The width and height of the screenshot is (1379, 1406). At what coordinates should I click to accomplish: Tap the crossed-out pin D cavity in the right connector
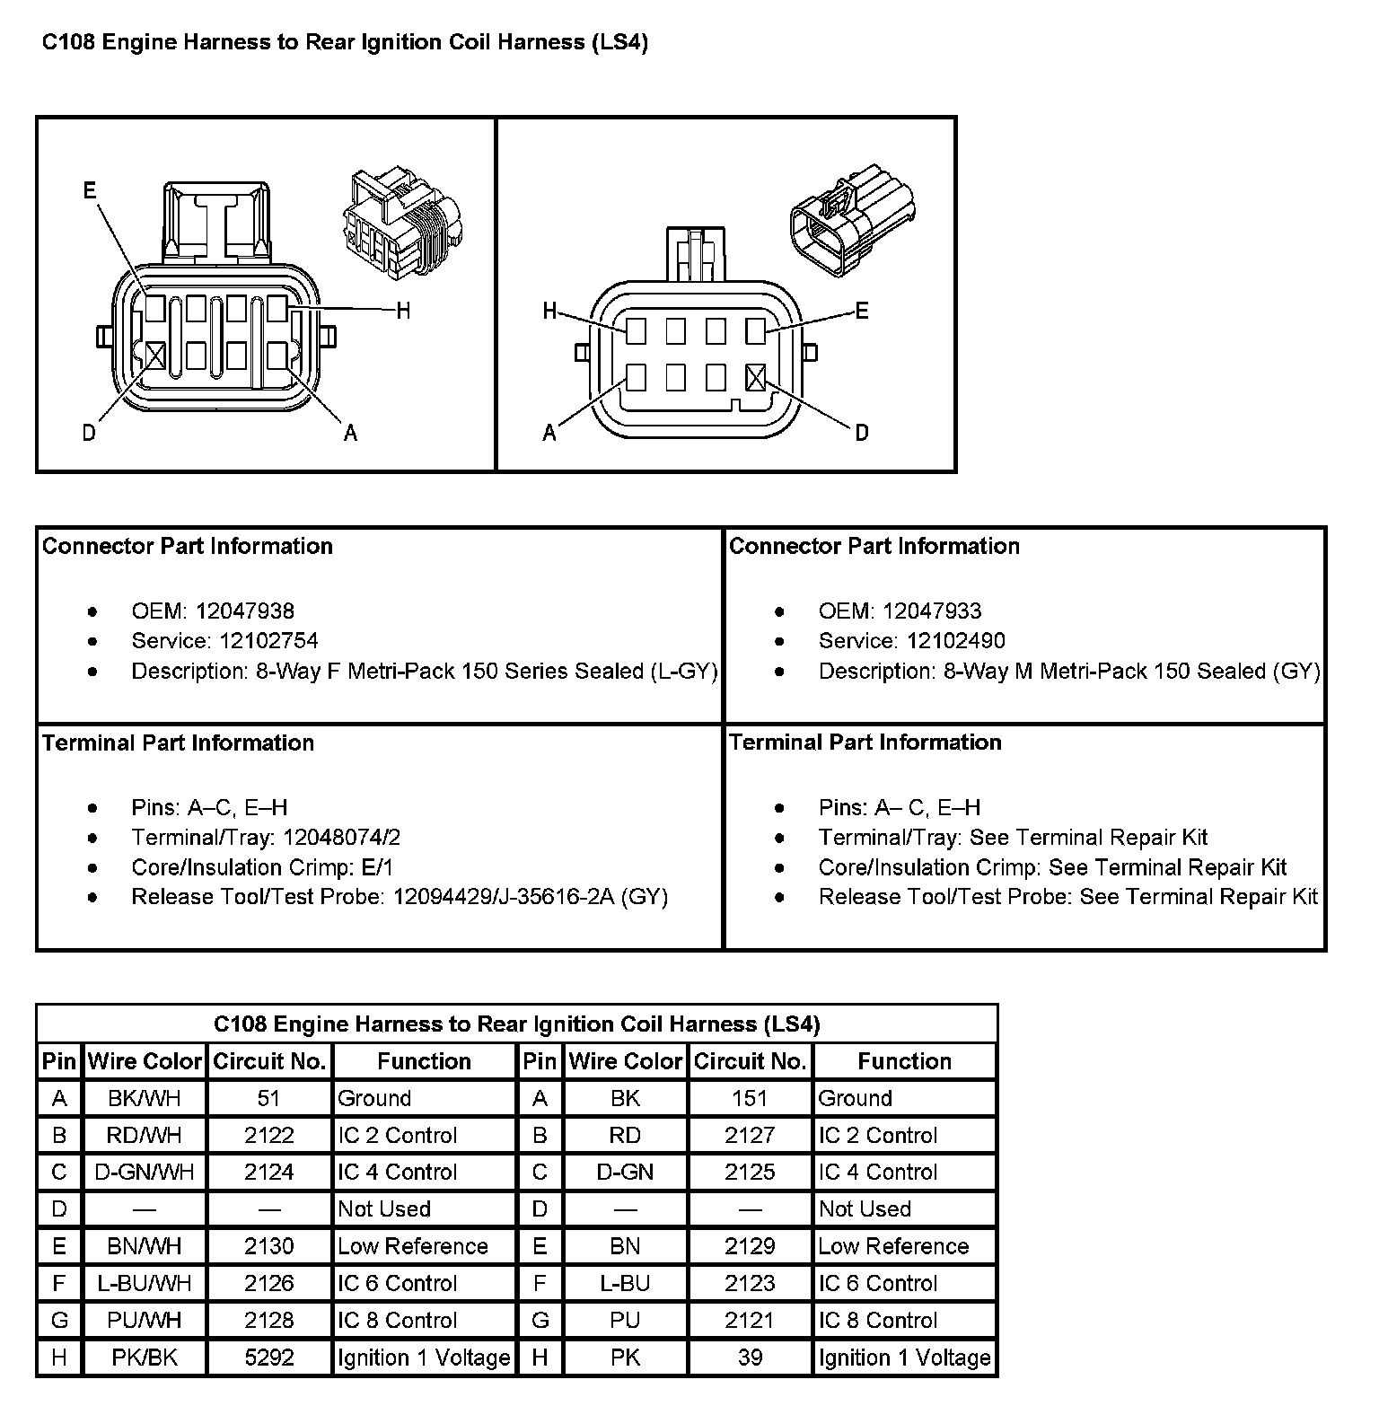tap(756, 377)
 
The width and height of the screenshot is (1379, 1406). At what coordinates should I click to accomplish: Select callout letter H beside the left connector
tap(403, 311)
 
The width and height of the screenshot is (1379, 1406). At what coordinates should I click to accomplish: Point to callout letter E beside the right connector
tap(862, 311)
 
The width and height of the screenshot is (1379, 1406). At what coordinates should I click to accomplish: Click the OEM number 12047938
tap(245, 611)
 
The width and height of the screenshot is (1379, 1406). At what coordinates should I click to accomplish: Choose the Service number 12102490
tap(956, 641)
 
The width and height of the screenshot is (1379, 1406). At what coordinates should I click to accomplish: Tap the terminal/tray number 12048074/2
tap(341, 838)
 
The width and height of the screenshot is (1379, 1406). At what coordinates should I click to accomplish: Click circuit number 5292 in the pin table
tap(269, 1358)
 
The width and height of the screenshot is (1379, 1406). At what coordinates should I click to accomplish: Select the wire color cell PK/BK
tap(145, 1358)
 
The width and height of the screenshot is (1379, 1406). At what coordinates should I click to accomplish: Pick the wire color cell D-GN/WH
tap(145, 1173)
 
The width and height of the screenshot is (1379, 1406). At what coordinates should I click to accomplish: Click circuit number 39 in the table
tap(750, 1358)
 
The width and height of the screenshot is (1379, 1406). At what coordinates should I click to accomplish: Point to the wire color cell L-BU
tap(625, 1284)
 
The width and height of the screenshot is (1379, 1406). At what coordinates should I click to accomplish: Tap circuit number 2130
tap(269, 1246)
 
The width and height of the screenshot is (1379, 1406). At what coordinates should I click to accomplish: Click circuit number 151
tap(750, 1098)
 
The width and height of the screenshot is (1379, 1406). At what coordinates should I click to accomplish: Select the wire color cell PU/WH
tap(145, 1321)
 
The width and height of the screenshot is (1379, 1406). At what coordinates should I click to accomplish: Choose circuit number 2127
tap(750, 1136)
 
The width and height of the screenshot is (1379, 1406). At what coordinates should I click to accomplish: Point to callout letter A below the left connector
tap(351, 434)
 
